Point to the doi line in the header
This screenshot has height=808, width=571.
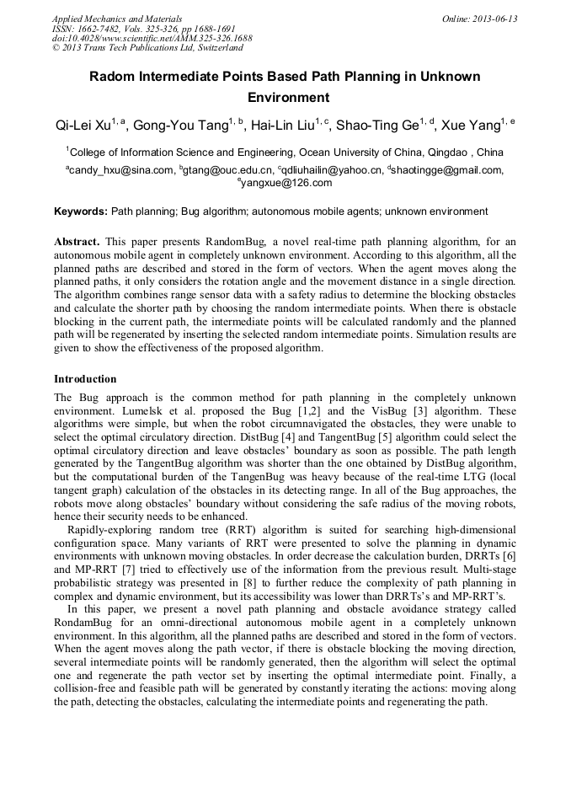152,38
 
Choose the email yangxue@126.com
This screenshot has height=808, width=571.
286,182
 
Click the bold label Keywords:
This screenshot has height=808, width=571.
81,211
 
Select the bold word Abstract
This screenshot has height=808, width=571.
79,241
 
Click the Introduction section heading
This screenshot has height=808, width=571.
85,379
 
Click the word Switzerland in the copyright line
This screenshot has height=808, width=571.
214,48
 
